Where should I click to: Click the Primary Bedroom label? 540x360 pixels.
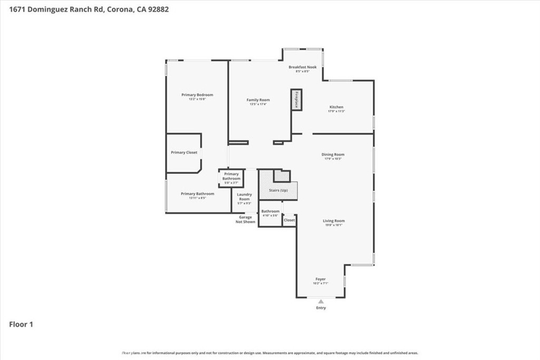pyautogui.click(x=197, y=95)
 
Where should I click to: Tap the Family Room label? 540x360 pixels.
pyautogui.click(x=258, y=100)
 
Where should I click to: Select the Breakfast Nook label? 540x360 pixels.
pyautogui.click(x=302, y=67)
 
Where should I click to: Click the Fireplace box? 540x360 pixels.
pyautogui.click(x=297, y=100)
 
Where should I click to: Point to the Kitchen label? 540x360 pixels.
pyautogui.click(x=336, y=107)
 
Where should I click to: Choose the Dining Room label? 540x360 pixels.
pyautogui.click(x=333, y=154)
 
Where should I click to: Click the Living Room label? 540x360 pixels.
pyautogui.click(x=334, y=221)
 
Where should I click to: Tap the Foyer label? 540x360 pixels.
pyautogui.click(x=321, y=279)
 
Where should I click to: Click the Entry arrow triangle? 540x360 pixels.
pyautogui.click(x=321, y=301)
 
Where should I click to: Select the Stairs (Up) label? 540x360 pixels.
pyautogui.click(x=278, y=190)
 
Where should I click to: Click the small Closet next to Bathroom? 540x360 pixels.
pyautogui.click(x=289, y=220)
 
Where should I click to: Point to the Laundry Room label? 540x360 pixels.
pyautogui.click(x=244, y=197)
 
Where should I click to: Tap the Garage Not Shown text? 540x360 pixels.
pyautogui.click(x=245, y=219)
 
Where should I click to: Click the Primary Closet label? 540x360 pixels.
pyautogui.click(x=184, y=152)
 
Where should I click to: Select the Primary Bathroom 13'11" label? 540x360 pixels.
pyautogui.click(x=197, y=193)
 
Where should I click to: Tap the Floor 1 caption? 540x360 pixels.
pyautogui.click(x=21, y=324)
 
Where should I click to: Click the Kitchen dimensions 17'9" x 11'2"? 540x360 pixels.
pyautogui.click(x=336, y=111)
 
